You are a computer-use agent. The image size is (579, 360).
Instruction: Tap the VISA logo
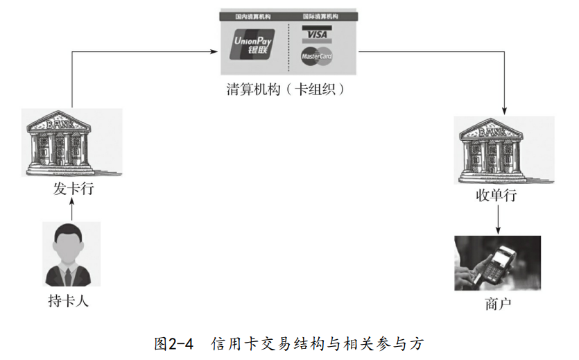point(316,34)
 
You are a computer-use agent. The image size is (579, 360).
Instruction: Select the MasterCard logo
point(316,57)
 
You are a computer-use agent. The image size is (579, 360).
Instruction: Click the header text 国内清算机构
point(253,15)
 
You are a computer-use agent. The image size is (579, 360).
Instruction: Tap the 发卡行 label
point(71,189)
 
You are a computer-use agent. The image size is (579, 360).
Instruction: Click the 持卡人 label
point(69,302)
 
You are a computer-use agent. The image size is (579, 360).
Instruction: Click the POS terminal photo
point(497,263)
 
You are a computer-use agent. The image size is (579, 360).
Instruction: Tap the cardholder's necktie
point(69,275)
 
